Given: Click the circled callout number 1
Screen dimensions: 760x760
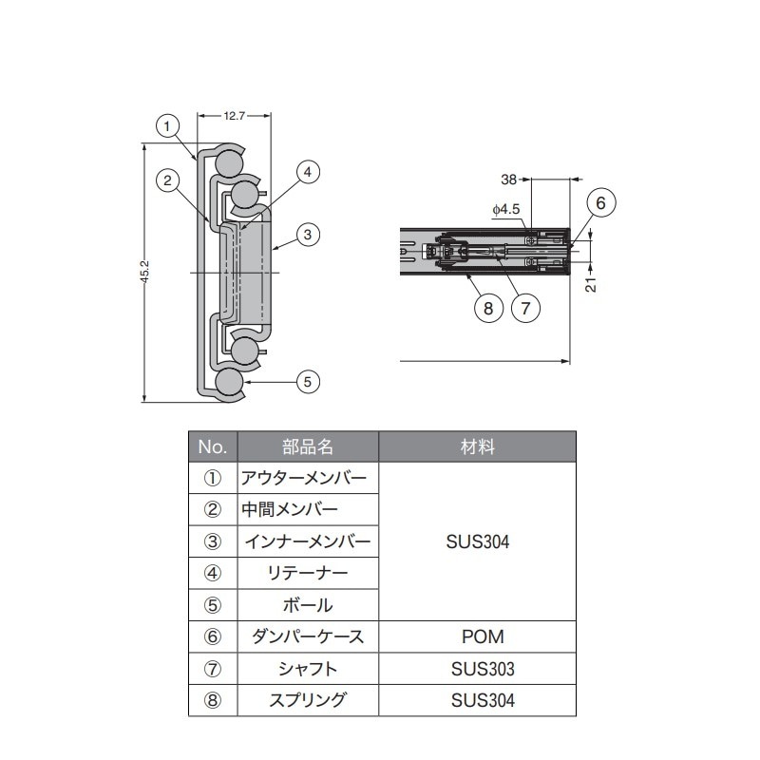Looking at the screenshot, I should coord(167,125).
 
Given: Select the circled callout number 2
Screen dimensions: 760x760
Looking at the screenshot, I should coord(167,180).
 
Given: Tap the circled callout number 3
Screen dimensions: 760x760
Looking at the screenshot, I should coord(307,234).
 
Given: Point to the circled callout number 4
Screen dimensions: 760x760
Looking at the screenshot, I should coord(307,172).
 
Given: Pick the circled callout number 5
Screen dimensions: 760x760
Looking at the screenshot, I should coord(307,382).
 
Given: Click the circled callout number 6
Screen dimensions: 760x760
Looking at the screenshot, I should coord(600,202).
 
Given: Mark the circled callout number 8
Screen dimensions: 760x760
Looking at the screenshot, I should coord(487,308).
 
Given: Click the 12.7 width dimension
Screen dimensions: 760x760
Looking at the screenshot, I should coord(235,116).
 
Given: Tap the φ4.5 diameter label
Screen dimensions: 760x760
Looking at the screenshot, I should coord(506,208).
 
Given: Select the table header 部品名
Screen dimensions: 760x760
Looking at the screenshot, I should coord(308,446).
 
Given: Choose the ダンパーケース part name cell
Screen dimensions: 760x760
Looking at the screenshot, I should coord(308,636).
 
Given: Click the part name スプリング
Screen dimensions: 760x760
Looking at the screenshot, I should coord(308,701).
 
